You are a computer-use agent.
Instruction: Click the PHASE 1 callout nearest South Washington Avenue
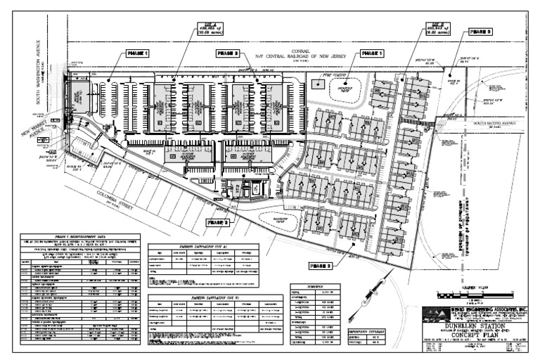pos(138,53)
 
